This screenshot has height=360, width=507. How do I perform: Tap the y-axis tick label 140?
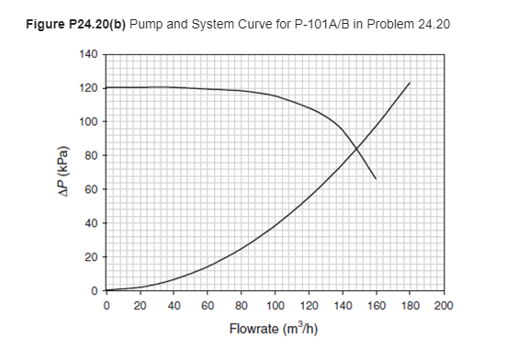(x=90, y=55)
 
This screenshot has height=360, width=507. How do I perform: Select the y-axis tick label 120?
(x=90, y=88)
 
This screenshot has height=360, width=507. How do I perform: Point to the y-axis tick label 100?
(x=90, y=122)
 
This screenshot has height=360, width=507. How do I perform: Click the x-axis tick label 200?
(x=444, y=306)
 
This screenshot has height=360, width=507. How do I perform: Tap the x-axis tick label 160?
(x=377, y=306)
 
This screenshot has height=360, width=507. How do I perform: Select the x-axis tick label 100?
(x=276, y=306)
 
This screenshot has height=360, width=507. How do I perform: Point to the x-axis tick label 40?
(x=174, y=306)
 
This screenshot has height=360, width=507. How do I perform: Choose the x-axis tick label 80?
(x=242, y=306)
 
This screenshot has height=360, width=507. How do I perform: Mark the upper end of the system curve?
(x=410, y=83)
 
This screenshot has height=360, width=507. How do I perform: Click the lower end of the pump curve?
(x=376, y=178)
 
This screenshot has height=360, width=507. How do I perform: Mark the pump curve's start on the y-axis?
(x=107, y=88)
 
